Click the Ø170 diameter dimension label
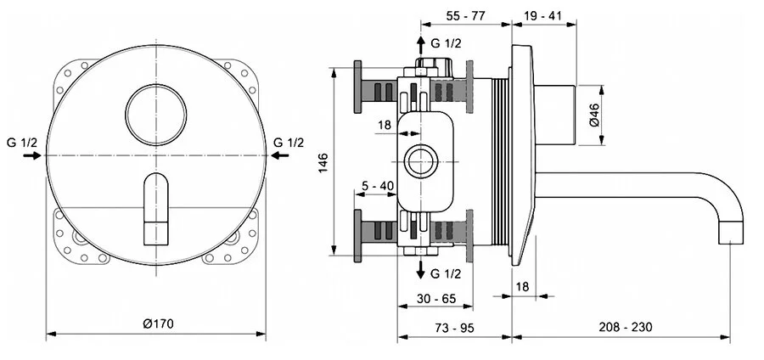pos(159,323)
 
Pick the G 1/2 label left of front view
pos(20,141)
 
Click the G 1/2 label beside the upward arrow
pos(447,43)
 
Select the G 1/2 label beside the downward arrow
pos(447,273)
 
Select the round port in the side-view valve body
pos(419,160)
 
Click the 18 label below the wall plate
pos(521,288)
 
